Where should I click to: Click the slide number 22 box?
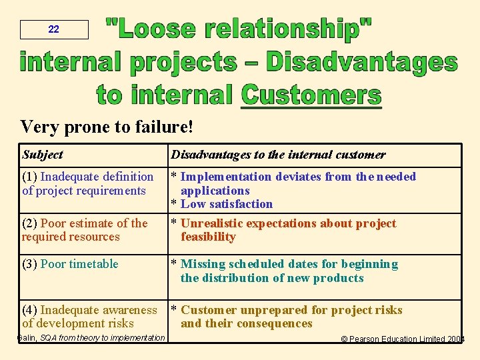point(54,29)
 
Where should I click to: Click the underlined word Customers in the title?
point(311,95)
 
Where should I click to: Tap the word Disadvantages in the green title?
point(362,62)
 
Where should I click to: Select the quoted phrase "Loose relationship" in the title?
point(239,29)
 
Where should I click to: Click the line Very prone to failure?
point(107,126)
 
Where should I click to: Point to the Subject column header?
point(42,155)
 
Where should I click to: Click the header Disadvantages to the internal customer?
point(278,155)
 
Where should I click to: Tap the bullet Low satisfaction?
point(226,204)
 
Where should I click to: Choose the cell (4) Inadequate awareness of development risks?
point(89,317)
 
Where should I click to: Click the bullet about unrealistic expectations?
point(288,223)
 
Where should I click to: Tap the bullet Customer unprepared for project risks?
point(291,310)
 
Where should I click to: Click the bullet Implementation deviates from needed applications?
point(298,177)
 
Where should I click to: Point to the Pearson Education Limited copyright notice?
point(403,339)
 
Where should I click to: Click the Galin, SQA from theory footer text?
point(91,338)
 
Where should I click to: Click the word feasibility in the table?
point(208,237)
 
